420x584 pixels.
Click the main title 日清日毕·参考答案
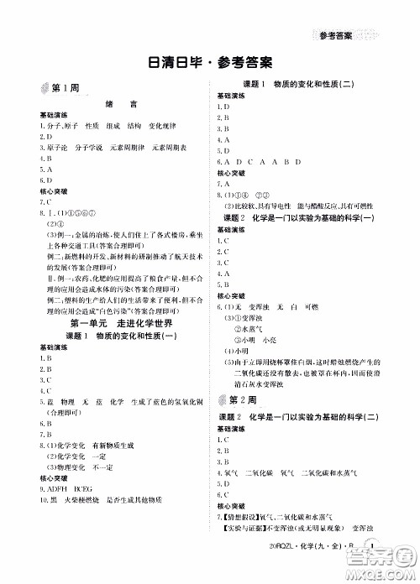click(x=210, y=63)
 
